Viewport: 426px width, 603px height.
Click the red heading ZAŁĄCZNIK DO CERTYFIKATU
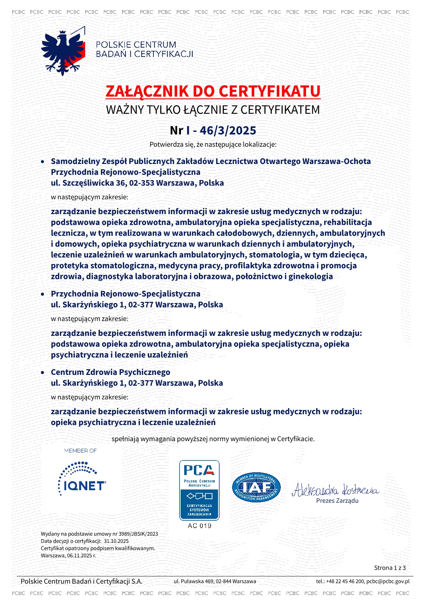coord(213,91)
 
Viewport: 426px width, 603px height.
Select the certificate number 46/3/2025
coord(228,130)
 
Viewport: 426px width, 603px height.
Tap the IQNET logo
coord(82,480)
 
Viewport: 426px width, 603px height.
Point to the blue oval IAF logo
coord(256,487)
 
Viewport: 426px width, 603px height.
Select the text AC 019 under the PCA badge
coord(200,526)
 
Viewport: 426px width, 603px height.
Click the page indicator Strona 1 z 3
coord(390,568)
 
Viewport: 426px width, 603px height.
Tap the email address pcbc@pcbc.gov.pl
coord(388,581)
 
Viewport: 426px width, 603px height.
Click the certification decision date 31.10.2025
coord(116,541)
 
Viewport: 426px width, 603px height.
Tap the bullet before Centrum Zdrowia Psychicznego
coord(43,372)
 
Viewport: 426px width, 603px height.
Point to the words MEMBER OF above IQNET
coord(80,450)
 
